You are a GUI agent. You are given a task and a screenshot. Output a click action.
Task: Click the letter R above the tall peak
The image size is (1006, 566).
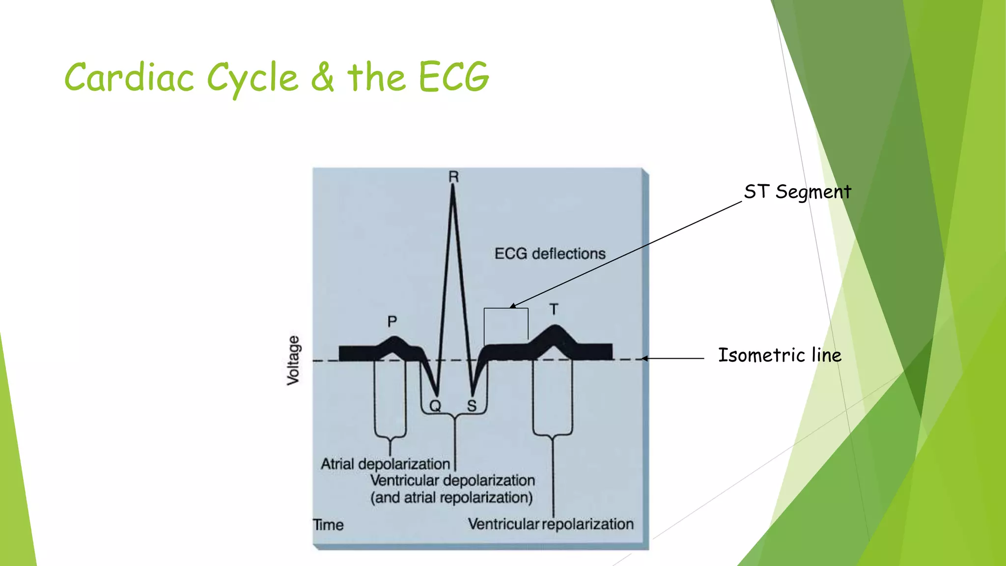453,177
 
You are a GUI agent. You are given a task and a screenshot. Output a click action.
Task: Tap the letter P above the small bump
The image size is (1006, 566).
392,322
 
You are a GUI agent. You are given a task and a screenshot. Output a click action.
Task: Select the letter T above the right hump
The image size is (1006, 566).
554,310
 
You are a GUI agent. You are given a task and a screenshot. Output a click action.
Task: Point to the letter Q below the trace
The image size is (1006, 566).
435,406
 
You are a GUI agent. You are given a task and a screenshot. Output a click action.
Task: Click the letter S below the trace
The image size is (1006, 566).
472,406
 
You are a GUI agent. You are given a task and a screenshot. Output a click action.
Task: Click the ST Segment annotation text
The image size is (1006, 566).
797,192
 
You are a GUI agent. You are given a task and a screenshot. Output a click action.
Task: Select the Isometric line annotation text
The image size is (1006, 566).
780,355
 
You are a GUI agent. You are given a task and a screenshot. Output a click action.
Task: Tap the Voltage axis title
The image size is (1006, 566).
293,360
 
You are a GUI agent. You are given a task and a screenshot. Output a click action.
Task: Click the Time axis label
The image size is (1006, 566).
328,525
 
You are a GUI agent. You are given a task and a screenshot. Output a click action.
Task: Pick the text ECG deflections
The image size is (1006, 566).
550,254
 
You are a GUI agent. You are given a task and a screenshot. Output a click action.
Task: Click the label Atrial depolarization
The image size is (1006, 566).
385,464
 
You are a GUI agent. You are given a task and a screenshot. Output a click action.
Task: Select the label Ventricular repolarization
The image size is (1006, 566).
551,524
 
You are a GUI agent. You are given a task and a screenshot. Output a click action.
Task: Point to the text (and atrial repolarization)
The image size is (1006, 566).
451,498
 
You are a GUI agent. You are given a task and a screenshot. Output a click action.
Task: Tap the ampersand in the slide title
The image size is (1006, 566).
322,78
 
